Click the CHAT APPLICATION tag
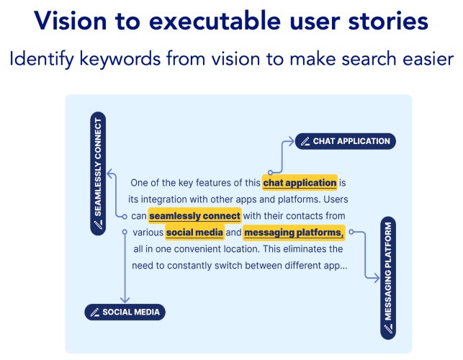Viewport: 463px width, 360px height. coord(345,141)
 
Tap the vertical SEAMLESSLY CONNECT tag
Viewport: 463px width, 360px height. coord(98,174)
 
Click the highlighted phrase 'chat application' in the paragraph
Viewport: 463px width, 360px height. coord(300,183)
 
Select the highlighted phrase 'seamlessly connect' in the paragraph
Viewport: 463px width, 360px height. coord(194,216)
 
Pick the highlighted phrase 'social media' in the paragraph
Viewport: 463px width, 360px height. coord(194,233)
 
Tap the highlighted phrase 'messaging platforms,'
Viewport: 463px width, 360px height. coord(294,233)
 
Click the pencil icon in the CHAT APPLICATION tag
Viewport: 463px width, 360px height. coord(305,142)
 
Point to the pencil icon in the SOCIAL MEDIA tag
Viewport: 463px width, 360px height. coord(94,312)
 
